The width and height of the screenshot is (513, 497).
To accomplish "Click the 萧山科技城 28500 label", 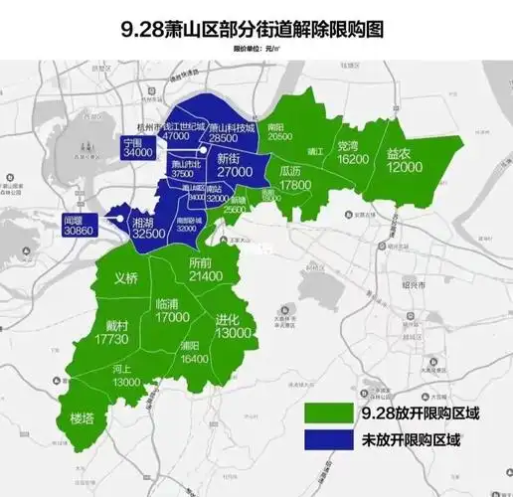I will pos(232,132).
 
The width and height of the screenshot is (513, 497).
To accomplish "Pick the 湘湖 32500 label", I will pos(148,228).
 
